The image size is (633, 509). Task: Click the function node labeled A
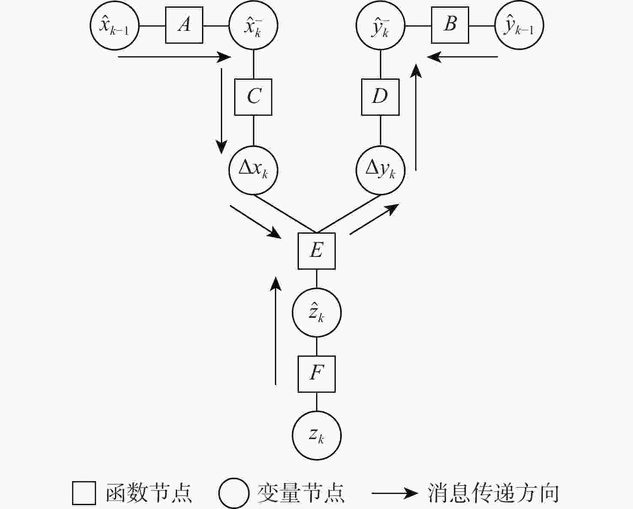pos(184,25)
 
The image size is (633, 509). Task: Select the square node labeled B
pos(450,25)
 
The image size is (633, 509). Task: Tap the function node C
pos(253,97)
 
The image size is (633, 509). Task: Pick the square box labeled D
pos(380,97)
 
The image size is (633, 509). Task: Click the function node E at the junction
pos(316,251)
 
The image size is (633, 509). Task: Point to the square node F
pos(316,374)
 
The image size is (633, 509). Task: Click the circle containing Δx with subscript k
pos(253,170)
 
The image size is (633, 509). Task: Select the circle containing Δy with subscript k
pos(380,170)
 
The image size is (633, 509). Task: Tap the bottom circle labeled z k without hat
pos(316,436)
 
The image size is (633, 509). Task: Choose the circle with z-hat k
pos(316,313)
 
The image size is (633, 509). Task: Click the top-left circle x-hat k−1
pos(115,25)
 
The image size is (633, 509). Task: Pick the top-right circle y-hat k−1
pos(519,25)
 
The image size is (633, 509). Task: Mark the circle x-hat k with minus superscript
pos(253,26)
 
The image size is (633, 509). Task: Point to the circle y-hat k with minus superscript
pos(380,26)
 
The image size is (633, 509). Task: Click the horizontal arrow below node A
pos(174,57)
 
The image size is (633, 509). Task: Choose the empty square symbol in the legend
pos(84,493)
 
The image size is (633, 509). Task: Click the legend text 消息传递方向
pos(493,493)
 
